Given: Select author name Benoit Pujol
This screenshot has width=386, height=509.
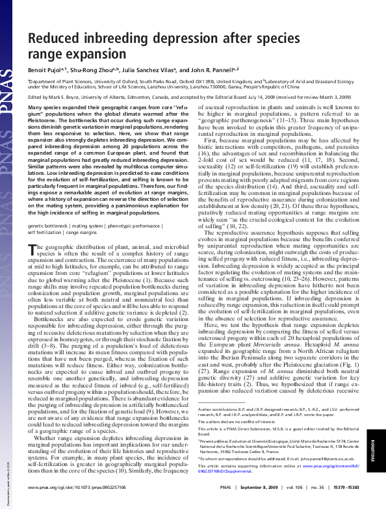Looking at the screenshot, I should pos(45,70).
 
